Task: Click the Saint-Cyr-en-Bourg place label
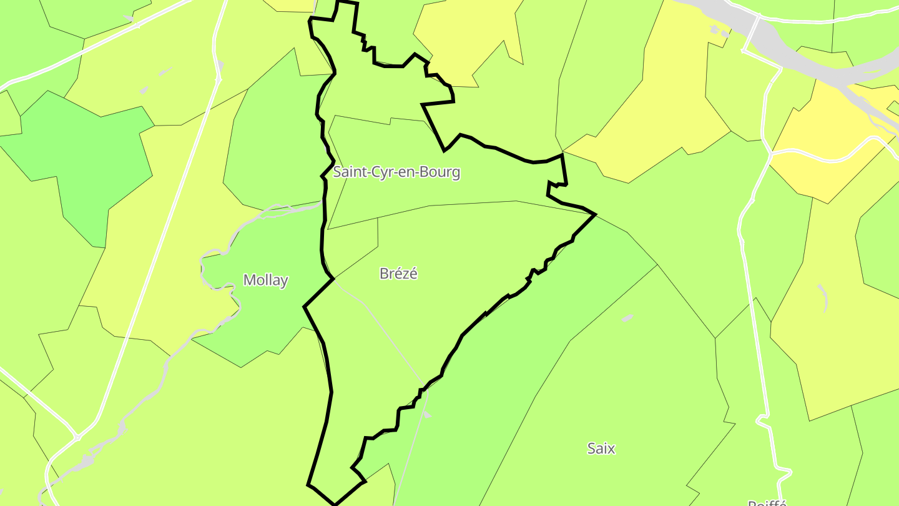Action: pos(396,172)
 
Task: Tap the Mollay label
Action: pos(265,280)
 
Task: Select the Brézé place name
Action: pos(398,274)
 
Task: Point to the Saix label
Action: pos(601,448)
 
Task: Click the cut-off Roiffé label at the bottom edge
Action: pos(767,502)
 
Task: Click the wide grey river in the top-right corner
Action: pos(805,59)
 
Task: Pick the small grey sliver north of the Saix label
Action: pos(627,318)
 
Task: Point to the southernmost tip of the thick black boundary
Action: pos(335,504)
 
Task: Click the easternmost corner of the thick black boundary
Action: pos(595,214)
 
